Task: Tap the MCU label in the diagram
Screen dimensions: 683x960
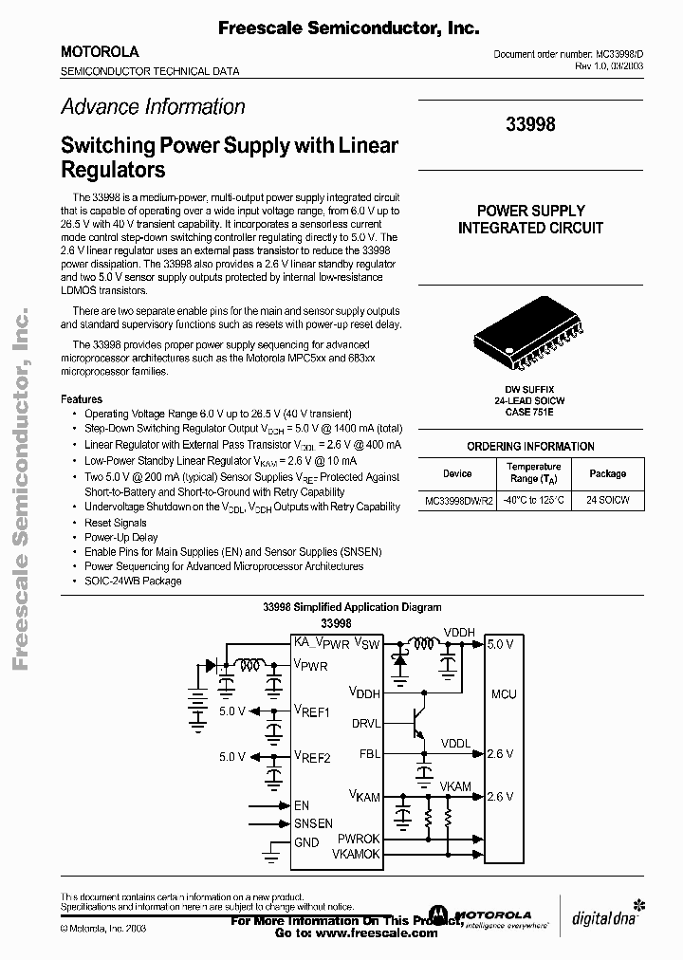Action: click(504, 694)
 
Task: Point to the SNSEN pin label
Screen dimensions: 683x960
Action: click(313, 823)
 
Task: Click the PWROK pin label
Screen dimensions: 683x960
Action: click(359, 840)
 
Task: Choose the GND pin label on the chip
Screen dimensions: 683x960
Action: click(306, 842)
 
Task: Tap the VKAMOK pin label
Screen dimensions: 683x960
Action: click(356, 855)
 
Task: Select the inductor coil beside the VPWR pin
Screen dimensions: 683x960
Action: click(249, 664)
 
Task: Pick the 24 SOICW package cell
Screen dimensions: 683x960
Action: click(608, 500)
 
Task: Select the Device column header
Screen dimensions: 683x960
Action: click(457, 473)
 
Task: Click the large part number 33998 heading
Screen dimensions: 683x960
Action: click(530, 125)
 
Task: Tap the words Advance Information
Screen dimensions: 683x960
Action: click(153, 107)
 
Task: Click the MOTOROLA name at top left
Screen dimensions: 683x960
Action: click(100, 51)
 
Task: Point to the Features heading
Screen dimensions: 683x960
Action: click(82, 399)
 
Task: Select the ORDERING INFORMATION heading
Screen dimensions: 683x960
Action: click(530, 446)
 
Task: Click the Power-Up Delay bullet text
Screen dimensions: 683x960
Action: click(121, 537)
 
